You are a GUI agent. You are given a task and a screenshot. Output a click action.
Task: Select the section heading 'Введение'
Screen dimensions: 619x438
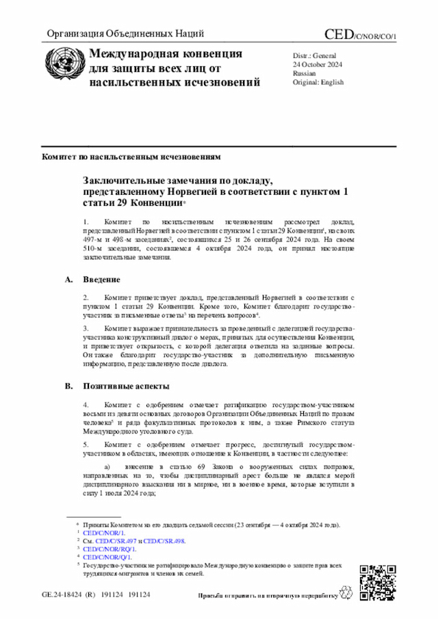[102, 280]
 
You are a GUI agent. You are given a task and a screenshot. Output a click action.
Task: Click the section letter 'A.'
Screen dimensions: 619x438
[68, 280]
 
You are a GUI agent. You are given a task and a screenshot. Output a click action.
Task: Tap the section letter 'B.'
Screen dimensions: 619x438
[68, 386]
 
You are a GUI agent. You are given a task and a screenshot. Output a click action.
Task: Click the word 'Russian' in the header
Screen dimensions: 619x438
[305, 73]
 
